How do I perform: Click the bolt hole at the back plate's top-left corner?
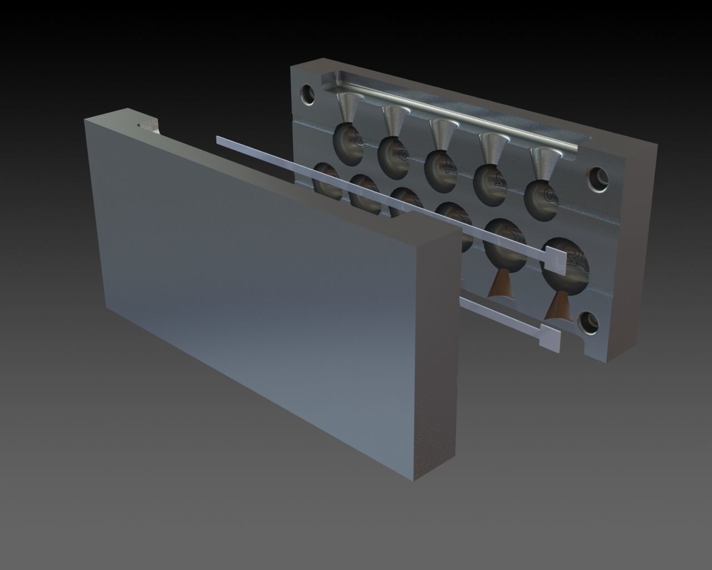click(x=306, y=92)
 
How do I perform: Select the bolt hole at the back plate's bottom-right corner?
click(x=589, y=322)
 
